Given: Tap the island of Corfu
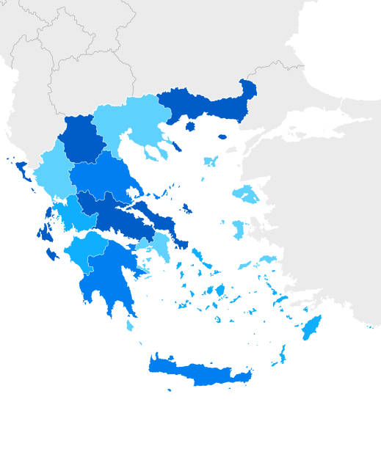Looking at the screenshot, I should [21, 170].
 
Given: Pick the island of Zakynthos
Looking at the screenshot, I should [52, 255].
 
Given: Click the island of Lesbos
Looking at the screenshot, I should [245, 194].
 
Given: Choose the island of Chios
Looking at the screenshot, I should [238, 229].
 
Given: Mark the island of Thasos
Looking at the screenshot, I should [190, 126].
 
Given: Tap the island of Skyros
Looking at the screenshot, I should [186, 209].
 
